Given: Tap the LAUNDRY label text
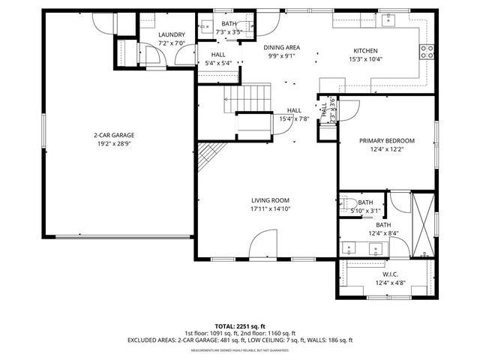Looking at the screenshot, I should click(172, 35).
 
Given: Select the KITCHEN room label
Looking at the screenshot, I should click(366, 51).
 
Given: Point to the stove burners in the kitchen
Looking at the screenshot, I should click(427, 51).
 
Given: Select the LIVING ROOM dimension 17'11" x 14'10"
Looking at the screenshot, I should click(270, 210).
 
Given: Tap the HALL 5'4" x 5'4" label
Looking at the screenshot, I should click(218, 59).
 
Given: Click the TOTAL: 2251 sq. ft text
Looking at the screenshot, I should click(239, 326).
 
